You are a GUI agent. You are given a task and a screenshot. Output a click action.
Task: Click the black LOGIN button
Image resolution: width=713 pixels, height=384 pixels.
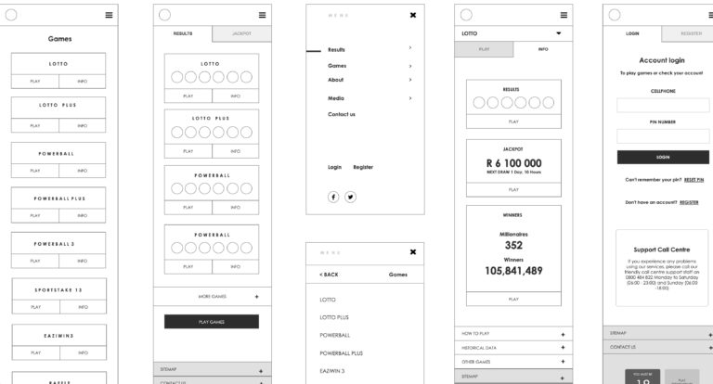[x=663, y=157]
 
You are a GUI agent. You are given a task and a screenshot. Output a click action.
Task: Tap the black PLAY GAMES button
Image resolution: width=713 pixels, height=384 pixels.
[x=212, y=321]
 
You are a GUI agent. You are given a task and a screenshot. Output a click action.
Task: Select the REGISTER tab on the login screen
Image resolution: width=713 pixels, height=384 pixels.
[x=690, y=33]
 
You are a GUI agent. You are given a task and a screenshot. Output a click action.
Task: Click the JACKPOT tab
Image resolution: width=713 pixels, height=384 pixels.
[x=240, y=33]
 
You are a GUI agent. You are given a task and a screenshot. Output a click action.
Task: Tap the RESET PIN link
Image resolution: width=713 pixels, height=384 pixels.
[x=694, y=180]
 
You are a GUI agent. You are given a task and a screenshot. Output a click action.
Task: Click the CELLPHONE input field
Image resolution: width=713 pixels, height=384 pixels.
[x=663, y=106]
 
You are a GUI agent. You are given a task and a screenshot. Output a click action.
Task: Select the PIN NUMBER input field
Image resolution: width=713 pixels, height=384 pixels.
[x=663, y=135]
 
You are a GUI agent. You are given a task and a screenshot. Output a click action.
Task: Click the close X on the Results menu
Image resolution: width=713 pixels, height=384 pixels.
[x=413, y=15]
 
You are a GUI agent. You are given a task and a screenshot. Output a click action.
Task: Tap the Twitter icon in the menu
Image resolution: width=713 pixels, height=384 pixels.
[x=351, y=197]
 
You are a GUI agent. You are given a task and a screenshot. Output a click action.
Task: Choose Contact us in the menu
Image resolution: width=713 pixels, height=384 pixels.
[x=342, y=114]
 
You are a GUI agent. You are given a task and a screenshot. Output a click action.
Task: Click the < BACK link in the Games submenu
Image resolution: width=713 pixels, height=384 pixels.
[x=329, y=275]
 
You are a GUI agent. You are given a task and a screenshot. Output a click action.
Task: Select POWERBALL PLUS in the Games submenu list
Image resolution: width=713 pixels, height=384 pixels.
[x=341, y=352]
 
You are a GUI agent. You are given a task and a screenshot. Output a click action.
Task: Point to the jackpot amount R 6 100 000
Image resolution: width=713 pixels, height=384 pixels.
[x=513, y=162]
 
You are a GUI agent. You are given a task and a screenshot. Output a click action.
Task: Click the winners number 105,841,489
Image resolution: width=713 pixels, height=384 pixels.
[x=513, y=271]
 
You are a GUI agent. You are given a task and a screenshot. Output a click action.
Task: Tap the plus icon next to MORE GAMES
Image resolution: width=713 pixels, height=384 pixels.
[x=257, y=297]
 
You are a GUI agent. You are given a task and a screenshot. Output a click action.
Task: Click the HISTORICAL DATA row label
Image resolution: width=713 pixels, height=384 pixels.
[x=480, y=347]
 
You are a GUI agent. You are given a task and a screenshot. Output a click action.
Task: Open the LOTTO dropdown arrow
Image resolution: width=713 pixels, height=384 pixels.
[x=559, y=33]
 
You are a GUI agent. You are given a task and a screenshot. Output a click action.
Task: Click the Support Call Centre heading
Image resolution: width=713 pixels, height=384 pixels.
[x=662, y=249]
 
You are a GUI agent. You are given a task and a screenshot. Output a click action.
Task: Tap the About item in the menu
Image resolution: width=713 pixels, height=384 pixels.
[x=336, y=80]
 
